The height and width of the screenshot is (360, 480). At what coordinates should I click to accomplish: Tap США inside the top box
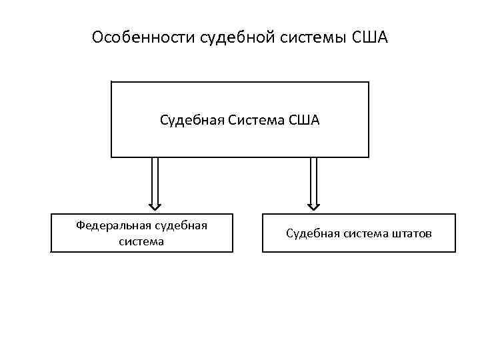click(305, 120)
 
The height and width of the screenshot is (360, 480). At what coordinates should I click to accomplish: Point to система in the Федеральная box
click(141, 241)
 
